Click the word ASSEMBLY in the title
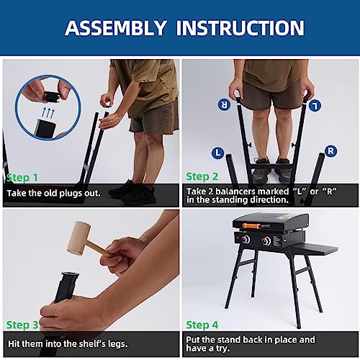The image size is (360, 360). (116, 28)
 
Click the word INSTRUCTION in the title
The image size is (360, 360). (240, 28)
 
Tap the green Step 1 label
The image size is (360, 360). (22, 178)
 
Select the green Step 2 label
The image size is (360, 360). (202, 176)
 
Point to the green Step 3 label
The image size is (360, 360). (22, 325)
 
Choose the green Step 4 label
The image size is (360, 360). (202, 325)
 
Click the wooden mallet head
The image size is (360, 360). (78, 238)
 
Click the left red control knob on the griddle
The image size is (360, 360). (246, 239)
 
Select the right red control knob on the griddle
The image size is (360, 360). (266, 240)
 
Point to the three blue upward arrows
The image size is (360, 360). (48, 112)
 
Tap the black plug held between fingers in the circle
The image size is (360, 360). (52, 96)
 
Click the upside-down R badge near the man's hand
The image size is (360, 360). (224, 104)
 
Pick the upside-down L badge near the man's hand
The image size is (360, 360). (315, 106)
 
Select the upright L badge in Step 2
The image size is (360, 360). (218, 153)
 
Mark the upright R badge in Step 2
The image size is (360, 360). (330, 151)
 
